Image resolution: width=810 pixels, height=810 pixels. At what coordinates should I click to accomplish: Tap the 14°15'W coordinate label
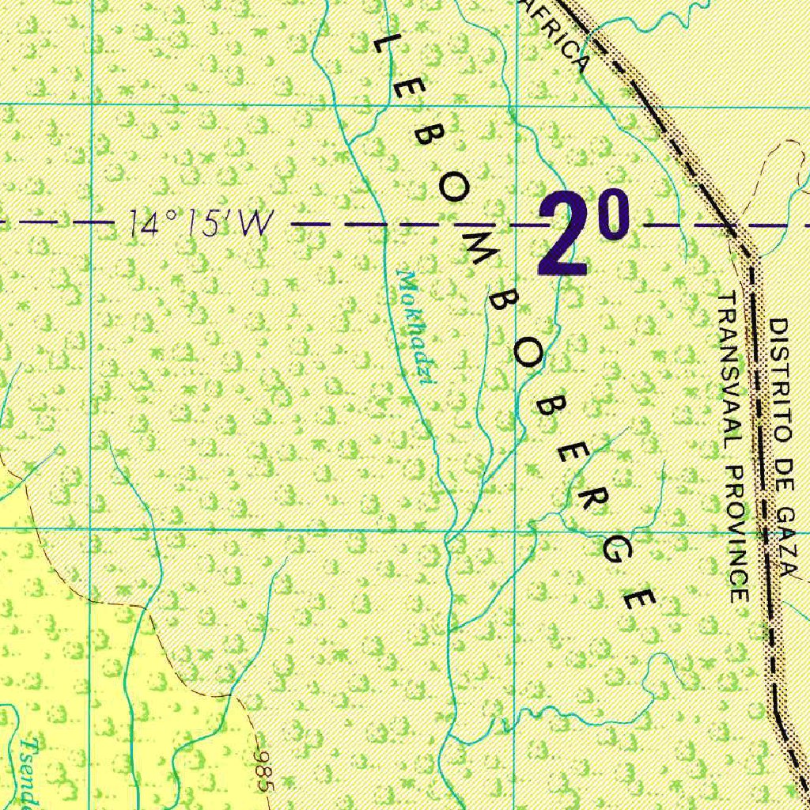(x=197, y=225)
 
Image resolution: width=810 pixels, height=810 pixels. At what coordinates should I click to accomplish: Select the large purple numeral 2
(x=564, y=236)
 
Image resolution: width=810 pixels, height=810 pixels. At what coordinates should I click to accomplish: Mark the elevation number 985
(x=263, y=772)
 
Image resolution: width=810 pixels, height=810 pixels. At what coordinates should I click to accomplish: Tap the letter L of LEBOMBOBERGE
(x=384, y=46)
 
